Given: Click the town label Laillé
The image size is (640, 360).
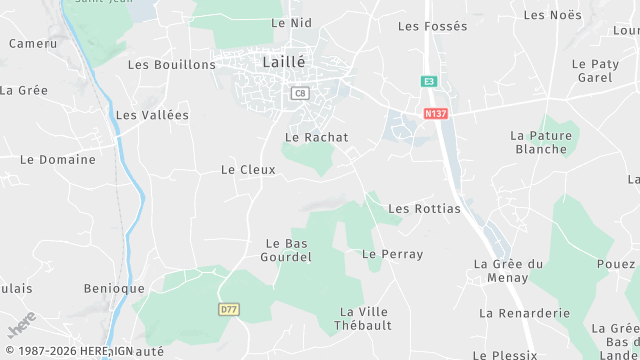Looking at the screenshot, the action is click(x=283, y=61).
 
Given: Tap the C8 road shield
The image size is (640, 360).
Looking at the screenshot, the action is click(x=299, y=93).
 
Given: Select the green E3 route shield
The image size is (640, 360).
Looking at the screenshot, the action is click(x=429, y=81).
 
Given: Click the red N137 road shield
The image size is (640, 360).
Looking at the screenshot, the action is click(x=435, y=113).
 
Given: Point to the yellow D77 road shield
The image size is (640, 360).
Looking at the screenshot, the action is click(x=229, y=310).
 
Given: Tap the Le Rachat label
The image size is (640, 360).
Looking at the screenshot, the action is click(x=316, y=137).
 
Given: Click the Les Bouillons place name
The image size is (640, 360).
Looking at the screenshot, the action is click(x=172, y=64).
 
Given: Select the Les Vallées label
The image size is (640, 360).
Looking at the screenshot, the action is click(x=152, y=115).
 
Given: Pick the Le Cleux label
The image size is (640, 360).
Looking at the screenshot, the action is click(x=248, y=170).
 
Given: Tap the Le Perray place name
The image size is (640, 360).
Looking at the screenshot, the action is click(x=394, y=254).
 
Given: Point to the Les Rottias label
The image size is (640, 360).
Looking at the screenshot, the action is click(x=424, y=209).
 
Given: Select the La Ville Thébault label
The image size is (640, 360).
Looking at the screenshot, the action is click(x=365, y=318).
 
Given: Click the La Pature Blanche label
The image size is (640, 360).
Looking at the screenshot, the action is click(x=540, y=142).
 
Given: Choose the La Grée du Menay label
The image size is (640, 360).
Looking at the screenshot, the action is click(x=508, y=270).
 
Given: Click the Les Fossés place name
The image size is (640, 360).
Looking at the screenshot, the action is click(x=432, y=26).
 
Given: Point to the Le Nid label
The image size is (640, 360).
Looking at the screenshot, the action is click(x=291, y=22).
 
